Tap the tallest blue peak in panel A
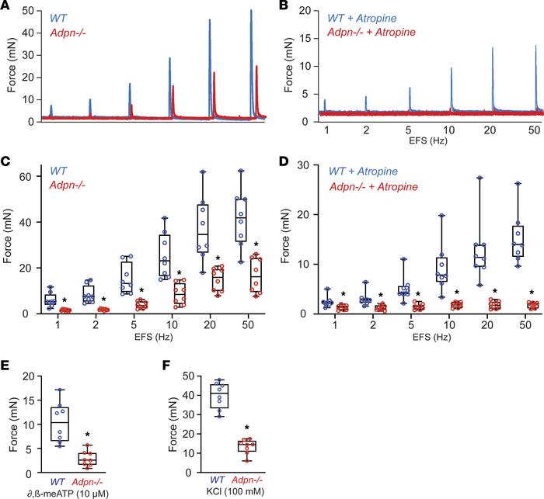[251, 12]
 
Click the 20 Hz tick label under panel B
[493, 129]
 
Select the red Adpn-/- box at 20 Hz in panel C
[218, 277]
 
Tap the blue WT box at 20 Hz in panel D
[459, 254]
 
